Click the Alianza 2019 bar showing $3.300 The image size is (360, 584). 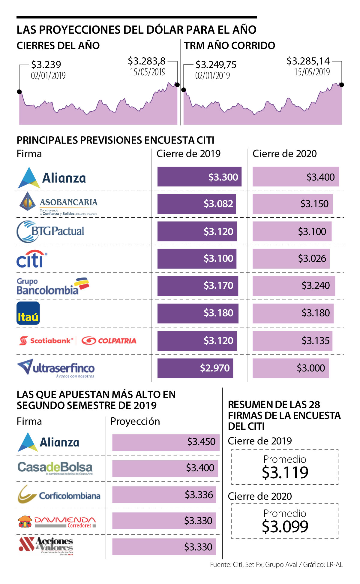[199, 177]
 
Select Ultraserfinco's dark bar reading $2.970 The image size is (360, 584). [195, 368]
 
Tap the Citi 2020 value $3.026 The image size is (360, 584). [312, 259]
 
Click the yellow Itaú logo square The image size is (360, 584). [28, 313]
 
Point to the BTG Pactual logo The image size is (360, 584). [50, 231]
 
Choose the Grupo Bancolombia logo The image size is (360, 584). [53, 286]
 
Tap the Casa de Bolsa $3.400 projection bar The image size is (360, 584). [165, 468]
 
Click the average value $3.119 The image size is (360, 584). [285, 472]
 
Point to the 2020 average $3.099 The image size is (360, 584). [285, 526]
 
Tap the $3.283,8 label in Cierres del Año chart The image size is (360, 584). [147, 61]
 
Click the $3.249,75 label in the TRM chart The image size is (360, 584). [216, 65]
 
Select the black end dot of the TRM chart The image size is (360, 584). [341, 85]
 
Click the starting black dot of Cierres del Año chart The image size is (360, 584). [19, 92]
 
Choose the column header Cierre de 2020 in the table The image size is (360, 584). [284, 154]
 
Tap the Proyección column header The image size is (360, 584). [135, 421]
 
